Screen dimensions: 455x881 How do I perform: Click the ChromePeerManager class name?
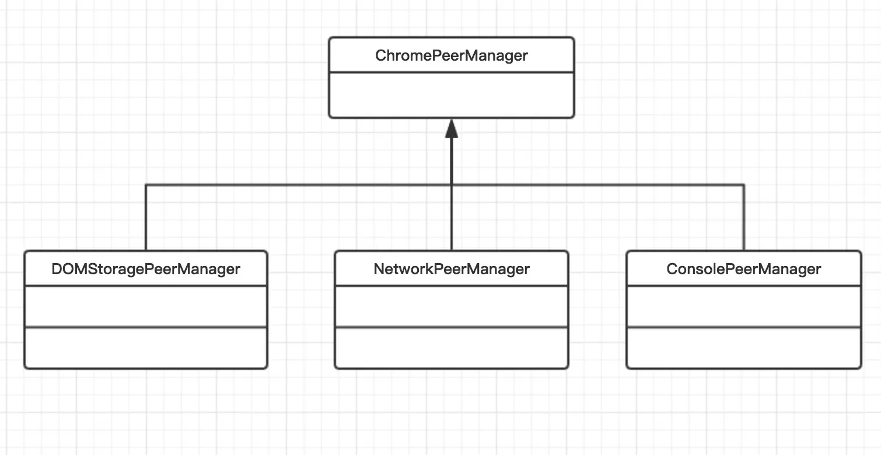coord(451,56)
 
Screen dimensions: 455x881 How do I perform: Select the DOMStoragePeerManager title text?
coord(145,269)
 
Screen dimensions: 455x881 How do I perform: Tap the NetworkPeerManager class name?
coord(451,269)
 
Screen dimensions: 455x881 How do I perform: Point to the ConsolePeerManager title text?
coord(743,269)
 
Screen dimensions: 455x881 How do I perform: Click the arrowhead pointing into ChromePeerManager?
coord(451,129)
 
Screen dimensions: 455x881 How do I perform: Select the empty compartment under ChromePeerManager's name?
coord(451,95)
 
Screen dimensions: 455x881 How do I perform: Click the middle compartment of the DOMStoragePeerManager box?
coord(145,306)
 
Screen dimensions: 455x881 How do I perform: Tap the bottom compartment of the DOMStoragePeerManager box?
coord(145,348)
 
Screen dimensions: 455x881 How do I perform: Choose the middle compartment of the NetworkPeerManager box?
coord(451,306)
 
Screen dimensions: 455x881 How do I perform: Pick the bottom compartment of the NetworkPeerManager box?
coord(451,348)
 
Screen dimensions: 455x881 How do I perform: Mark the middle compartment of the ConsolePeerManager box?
coord(743,306)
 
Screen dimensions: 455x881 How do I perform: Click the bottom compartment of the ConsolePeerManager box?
coord(743,348)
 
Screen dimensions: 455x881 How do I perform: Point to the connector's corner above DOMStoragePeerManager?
coord(145,185)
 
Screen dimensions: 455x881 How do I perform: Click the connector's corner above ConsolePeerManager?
coord(744,185)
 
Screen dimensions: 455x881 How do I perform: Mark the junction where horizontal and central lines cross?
coord(451,185)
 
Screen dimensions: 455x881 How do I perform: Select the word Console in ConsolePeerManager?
coord(688,269)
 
